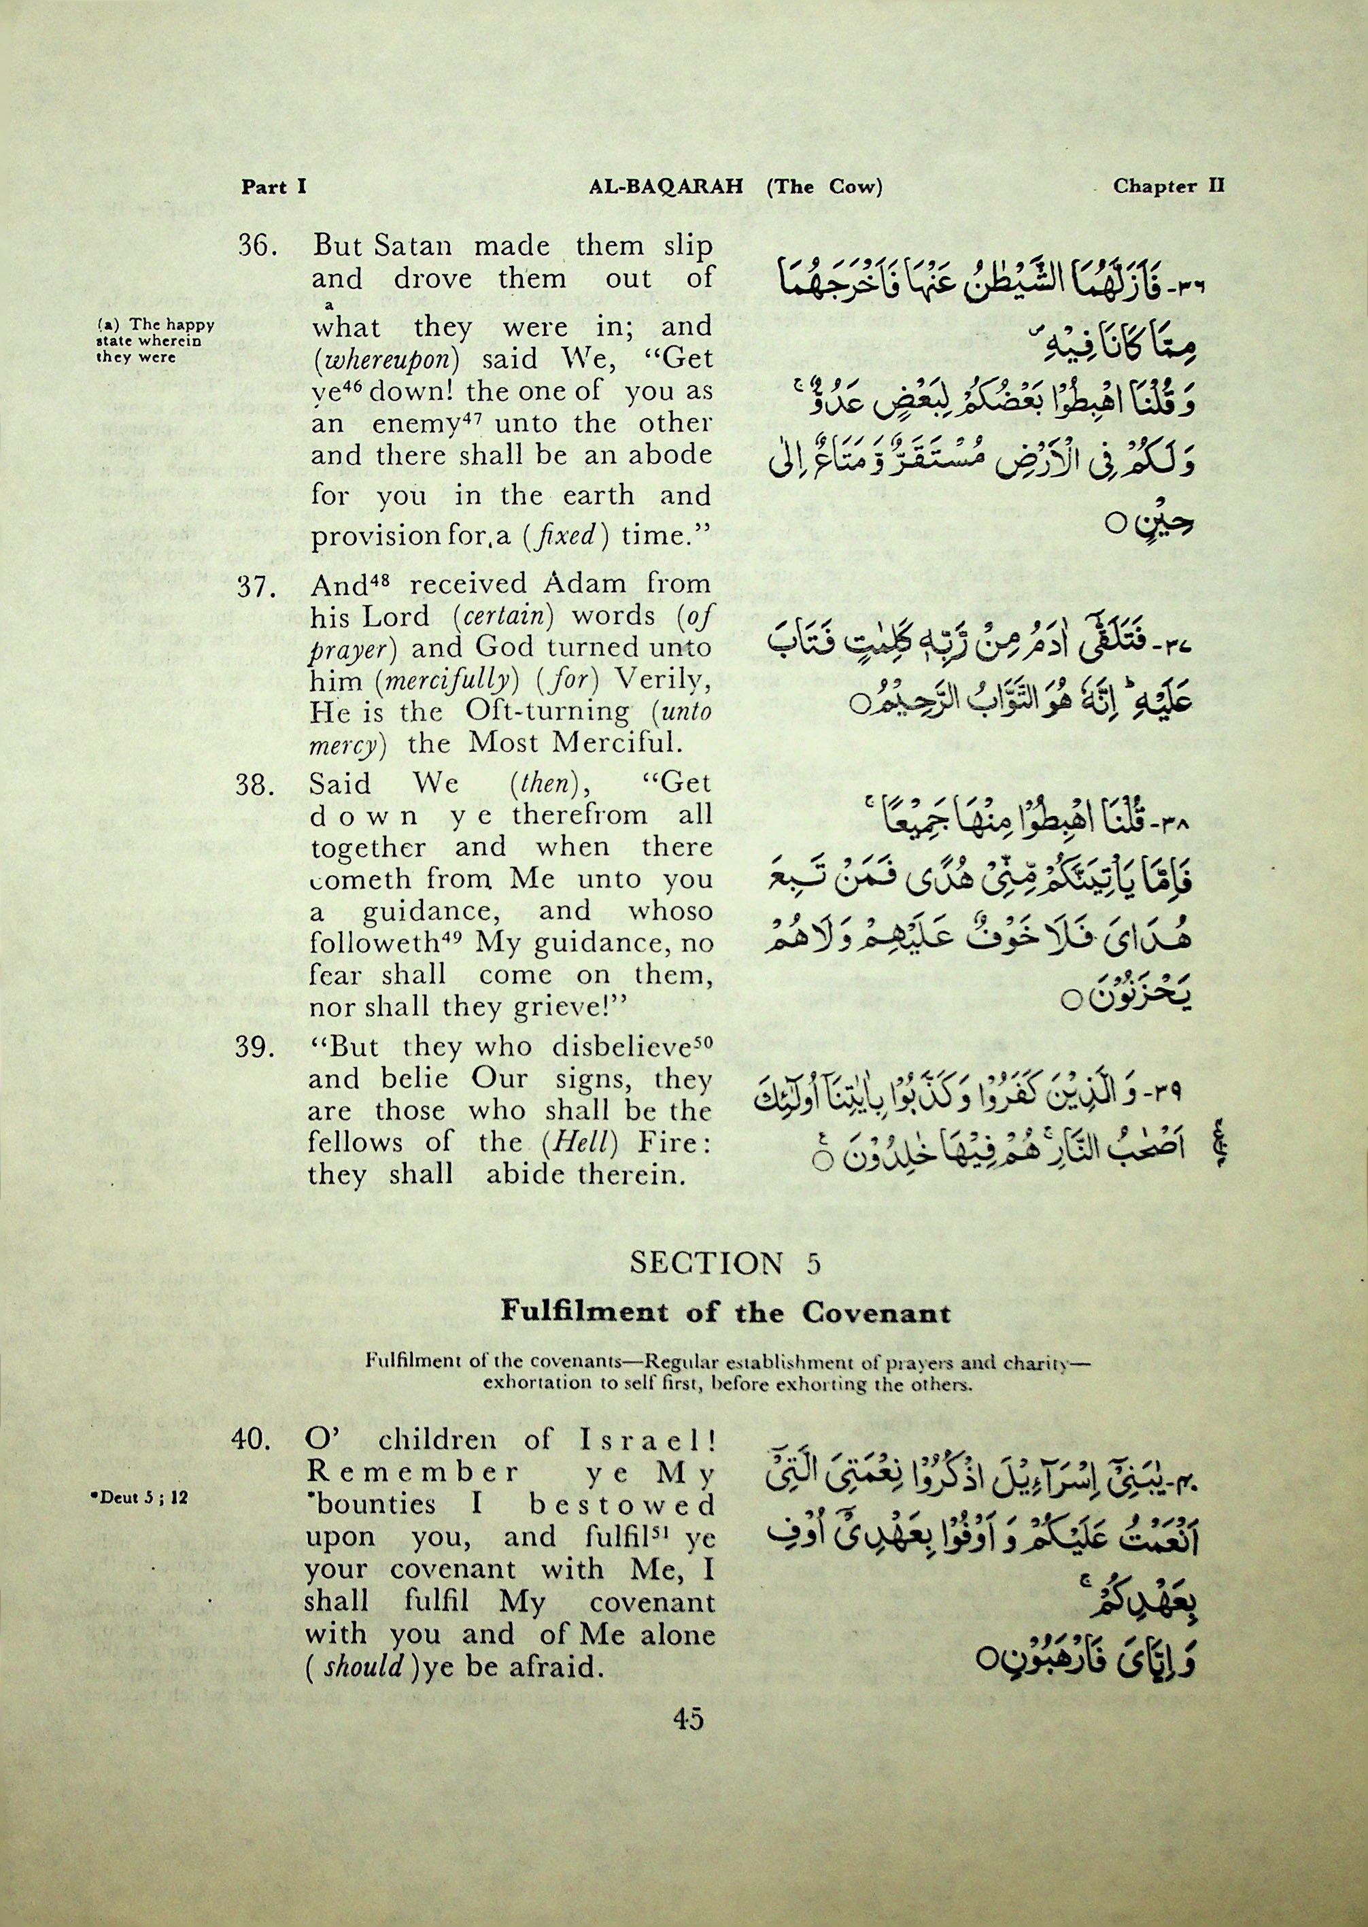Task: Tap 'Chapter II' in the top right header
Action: click(x=1168, y=186)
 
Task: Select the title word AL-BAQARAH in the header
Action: click(x=666, y=187)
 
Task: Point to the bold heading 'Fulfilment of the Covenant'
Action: click(x=725, y=1312)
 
